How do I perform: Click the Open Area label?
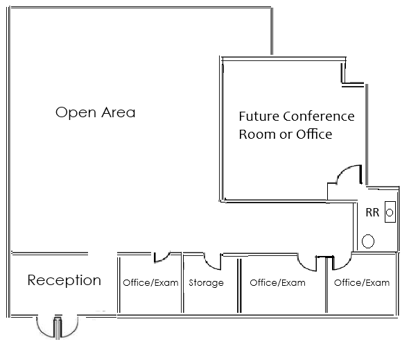tap(95, 112)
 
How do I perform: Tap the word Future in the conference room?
tap(259, 117)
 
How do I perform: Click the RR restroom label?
tap(372, 212)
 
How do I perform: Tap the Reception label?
tap(64, 281)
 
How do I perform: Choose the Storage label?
tap(206, 283)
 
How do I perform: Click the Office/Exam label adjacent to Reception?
tap(150, 283)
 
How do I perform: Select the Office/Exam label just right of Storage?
tap(277, 283)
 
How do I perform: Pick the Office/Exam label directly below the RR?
tap(361, 283)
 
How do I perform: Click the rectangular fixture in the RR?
tap(390, 213)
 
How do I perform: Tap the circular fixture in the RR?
tap(369, 241)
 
